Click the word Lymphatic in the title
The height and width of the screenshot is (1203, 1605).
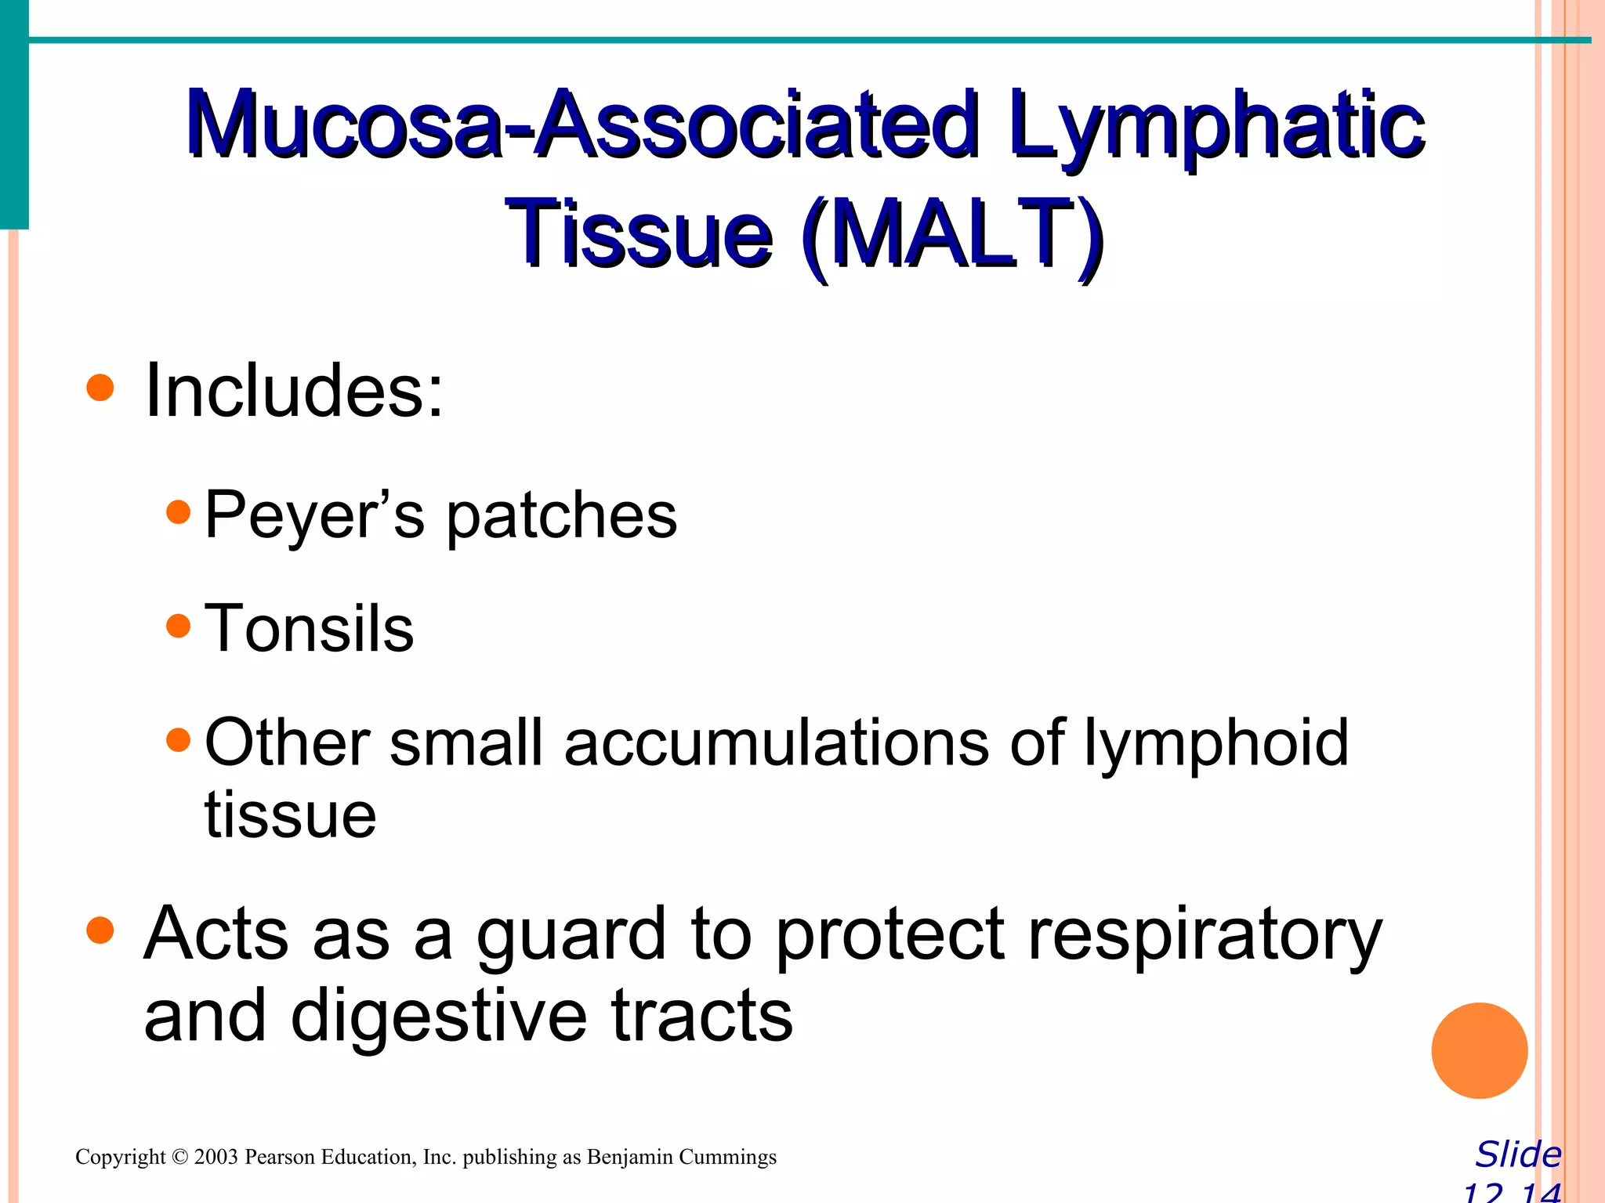1216,125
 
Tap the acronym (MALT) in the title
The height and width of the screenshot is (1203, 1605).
953,233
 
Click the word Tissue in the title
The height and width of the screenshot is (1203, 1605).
639,233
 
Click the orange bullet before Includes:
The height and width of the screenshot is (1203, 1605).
100,388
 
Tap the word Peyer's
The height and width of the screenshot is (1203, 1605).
314,515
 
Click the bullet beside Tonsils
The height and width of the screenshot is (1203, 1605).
179,626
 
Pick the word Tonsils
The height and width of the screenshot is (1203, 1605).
309,628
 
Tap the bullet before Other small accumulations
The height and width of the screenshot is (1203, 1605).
179,739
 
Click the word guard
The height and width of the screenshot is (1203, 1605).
571,935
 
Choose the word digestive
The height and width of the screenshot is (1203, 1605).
440,1017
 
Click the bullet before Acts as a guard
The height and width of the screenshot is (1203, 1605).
100,931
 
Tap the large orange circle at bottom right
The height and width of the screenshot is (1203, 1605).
1479,1050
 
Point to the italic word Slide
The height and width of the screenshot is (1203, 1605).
1518,1154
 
